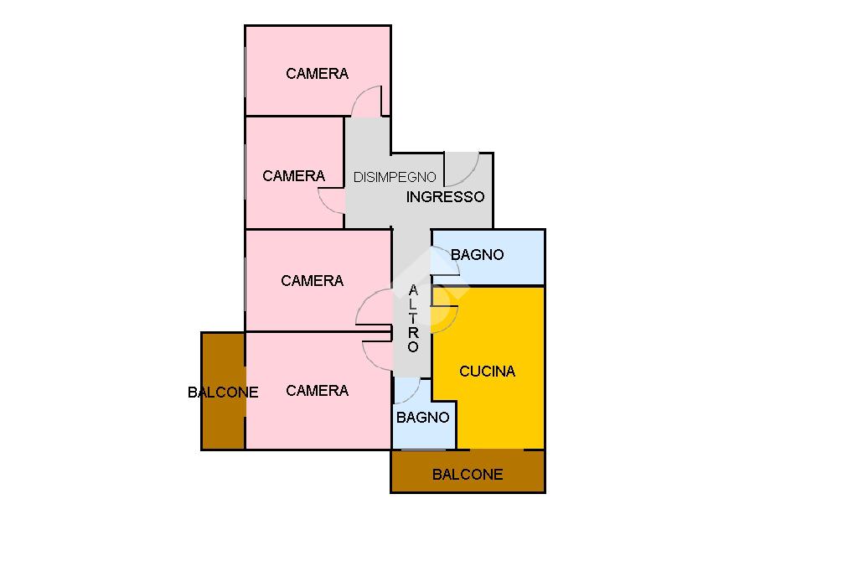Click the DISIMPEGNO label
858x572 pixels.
point(395,177)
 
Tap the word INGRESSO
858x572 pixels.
point(445,197)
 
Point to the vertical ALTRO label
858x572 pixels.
point(413,319)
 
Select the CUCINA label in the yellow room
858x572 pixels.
point(488,371)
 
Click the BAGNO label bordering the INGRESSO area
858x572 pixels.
point(478,254)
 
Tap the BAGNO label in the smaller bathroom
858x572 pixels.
point(423,417)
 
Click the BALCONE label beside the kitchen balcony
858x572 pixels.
point(468,474)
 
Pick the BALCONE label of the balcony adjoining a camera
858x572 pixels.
point(223,392)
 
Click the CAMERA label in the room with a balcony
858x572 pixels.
point(317,390)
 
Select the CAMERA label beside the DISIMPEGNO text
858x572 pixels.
point(293,175)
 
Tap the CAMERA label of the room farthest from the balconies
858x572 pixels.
point(317,73)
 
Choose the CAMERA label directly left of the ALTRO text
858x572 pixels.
point(312,280)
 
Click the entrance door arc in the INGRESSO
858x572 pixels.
point(461,169)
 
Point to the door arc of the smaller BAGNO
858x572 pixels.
point(407,390)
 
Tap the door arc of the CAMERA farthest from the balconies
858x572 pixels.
point(366,101)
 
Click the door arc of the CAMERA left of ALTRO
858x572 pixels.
point(374,307)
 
